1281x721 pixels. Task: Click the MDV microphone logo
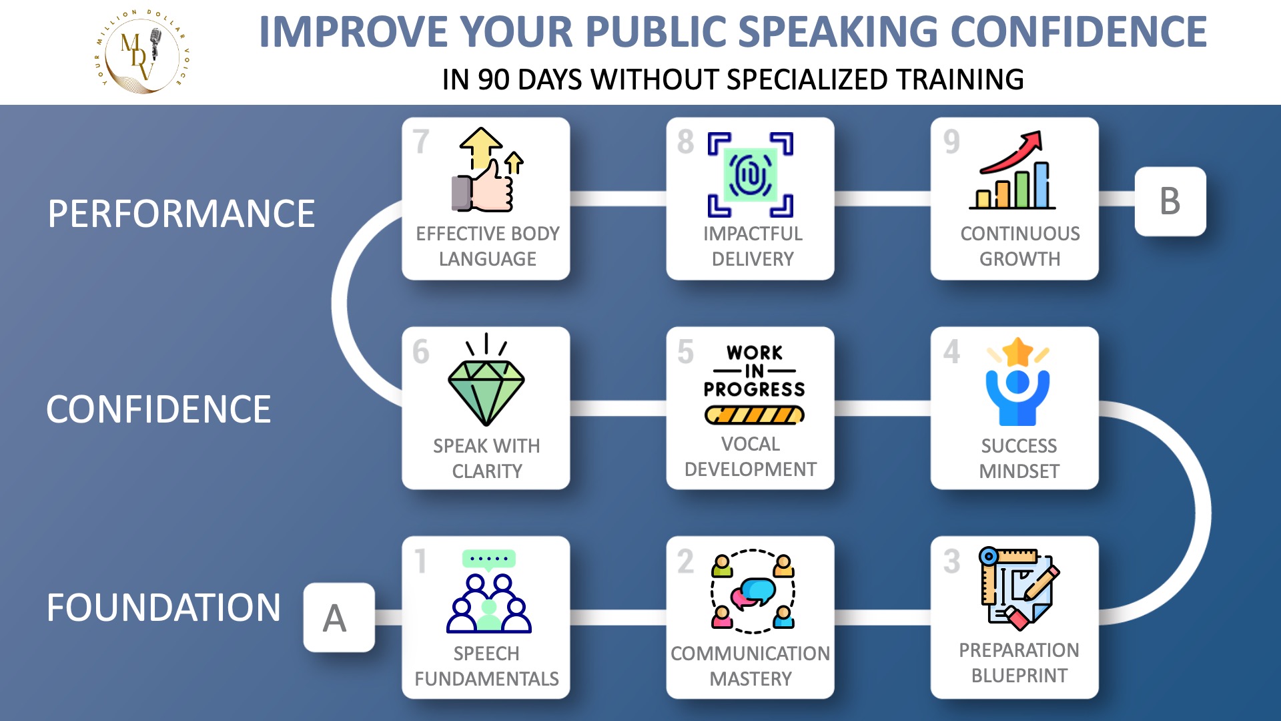tap(141, 52)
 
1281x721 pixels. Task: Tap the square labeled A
tap(339, 618)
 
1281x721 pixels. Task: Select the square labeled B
tap(1170, 201)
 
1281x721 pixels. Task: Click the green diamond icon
tap(486, 393)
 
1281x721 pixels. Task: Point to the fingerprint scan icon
tap(751, 174)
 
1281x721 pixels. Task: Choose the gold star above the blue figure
tap(1018, 352)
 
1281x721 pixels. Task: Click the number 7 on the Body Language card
tap(421, 142)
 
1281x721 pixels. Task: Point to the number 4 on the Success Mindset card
tap(951, 352)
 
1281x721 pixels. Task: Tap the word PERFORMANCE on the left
tap(181, 214)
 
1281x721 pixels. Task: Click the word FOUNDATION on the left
tap(163, 608)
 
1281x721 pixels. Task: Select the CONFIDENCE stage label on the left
tap(159, 409)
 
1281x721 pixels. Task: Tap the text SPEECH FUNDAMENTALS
tap(486, 666)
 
